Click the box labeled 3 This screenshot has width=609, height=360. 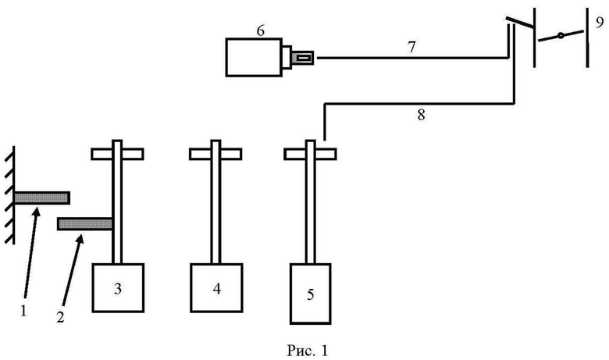pos(118,287)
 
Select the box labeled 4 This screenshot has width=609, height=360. pos(217,287)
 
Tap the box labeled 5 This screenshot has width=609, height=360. pos(310,293)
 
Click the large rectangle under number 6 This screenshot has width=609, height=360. pos(254,57)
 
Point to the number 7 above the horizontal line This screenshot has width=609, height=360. pos(411,47)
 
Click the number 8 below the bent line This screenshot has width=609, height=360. pos(421,115)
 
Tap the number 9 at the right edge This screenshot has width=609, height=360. pos(600,22)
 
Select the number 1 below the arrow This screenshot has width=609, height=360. pos(23,311)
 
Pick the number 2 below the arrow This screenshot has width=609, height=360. pos(60,317)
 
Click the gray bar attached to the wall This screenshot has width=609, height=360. pos(42,198)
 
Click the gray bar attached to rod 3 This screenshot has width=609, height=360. pos(85,224)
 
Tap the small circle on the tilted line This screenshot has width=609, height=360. pos(561,36)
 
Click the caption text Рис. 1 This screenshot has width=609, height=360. pos(307,351)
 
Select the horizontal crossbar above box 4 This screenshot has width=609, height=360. pos(215,154)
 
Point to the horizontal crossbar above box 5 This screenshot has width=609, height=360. pos(310,154)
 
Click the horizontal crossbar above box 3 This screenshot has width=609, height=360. pos(117,154)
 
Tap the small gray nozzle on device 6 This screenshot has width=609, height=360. pos(303,59)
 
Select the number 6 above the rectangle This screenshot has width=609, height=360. pos(261,30)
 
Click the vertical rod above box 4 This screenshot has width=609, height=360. pos(215,202)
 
